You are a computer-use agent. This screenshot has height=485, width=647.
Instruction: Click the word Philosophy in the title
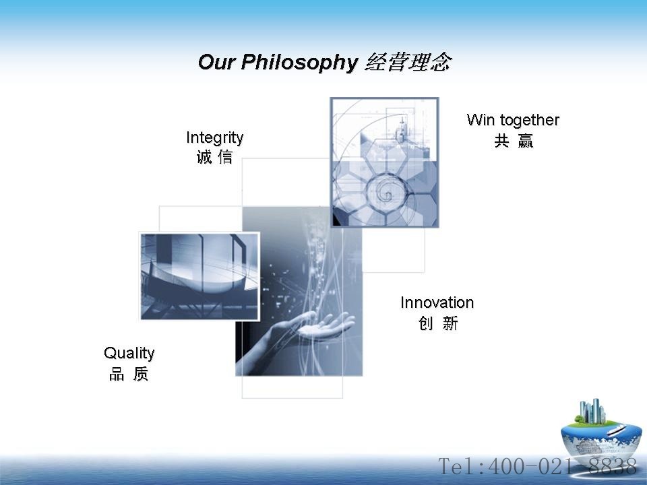point(299,63)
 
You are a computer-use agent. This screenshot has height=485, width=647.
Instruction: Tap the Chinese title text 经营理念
point(408,62)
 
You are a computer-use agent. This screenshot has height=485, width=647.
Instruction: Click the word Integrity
point(214,137)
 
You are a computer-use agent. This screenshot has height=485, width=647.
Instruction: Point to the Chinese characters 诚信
point(214,157)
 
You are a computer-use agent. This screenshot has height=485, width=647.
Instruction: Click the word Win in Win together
point(481,120)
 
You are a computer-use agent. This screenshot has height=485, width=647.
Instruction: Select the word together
point(530,121)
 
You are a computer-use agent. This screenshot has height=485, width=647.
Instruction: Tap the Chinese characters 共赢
point(514,141)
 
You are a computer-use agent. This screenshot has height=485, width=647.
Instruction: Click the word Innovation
point(437,302)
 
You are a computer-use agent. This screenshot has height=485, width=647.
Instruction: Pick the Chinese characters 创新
point(438,323)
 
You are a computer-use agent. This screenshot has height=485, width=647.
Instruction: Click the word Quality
point(129,354)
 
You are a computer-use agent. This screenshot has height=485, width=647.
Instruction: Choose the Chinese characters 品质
point(129,374)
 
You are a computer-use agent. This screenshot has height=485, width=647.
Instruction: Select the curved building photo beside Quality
point(199,276)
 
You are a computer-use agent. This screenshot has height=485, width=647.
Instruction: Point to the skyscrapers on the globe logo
point(592,411)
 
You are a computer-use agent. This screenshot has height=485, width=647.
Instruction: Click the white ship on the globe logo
point(617,430)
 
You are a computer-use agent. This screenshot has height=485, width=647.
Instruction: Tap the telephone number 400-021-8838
point(562,466)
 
